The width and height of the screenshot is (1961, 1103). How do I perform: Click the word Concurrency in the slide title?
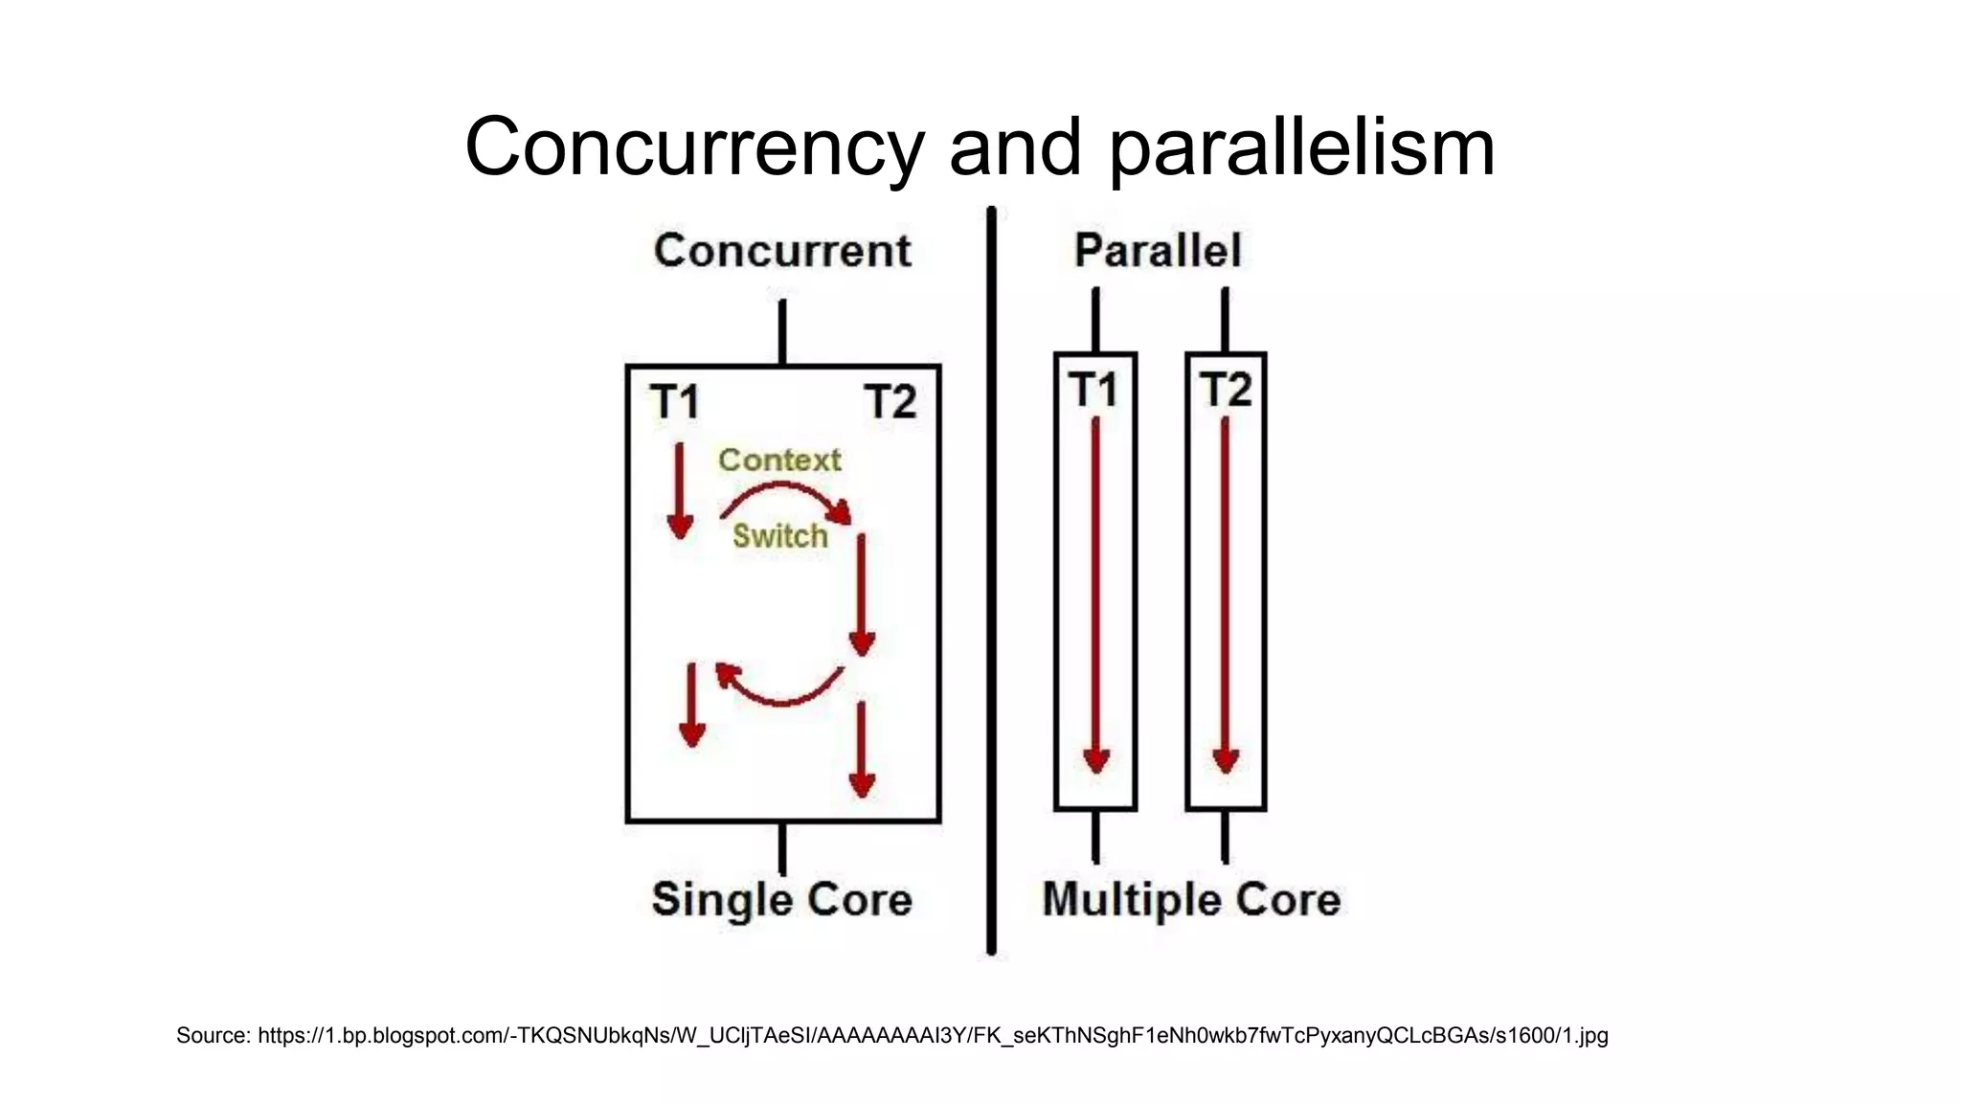(x=693, y=148)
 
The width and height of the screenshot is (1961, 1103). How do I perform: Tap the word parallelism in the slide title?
(x=1301, y=148)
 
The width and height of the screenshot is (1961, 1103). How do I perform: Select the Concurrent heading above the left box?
(x=782, y=251)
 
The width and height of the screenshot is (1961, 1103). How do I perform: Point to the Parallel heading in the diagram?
(x=1158, y=251)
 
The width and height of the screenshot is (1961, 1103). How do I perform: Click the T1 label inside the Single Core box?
(x=674, y=401)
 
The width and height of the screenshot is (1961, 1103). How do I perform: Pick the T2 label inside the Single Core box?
(x=890, y=401)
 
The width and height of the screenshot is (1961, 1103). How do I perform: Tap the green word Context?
(x=779, y=461)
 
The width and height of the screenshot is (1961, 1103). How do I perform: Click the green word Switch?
(x=779, y=536)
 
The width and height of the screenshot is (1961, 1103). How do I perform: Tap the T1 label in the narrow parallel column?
(x=1093, y=390)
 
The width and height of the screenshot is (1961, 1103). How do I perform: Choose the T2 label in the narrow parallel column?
(x=1226, y=390)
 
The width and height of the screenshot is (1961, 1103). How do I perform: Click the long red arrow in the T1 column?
(x=1095, y=594)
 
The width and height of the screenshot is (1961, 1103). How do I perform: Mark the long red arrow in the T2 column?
(x=1225, y=594)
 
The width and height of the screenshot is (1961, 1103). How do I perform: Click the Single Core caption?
(x=781, y=900)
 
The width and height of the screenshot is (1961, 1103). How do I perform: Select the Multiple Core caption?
(x=1191, y=900)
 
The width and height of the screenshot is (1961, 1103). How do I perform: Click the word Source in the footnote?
(x=213, y=1035)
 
